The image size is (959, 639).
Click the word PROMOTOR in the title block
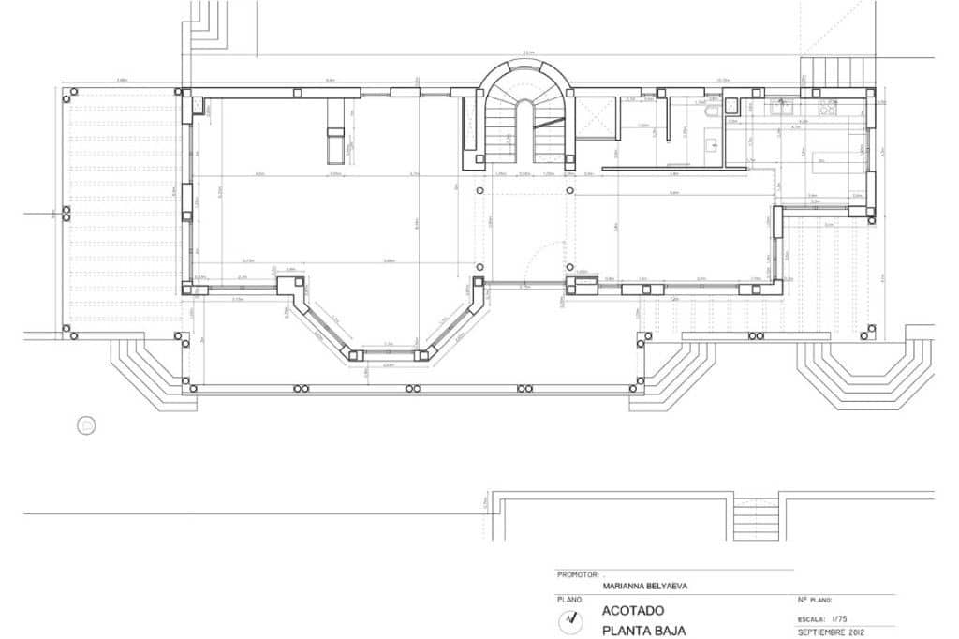575,572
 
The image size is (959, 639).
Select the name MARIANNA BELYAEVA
646,586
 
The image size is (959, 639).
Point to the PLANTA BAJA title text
637,631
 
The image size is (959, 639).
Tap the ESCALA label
811,617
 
